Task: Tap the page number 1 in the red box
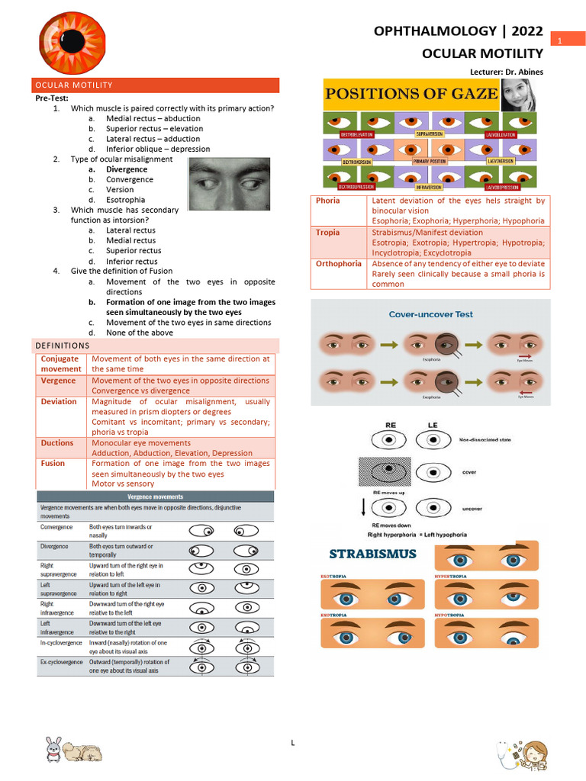[559, 40]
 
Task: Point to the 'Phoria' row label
[328, 201]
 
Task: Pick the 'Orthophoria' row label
[339, 263]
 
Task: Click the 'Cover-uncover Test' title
[431, 313]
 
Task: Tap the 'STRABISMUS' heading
[372, 553]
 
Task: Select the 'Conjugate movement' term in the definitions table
[60, 364]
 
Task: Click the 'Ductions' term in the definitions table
[57, 442]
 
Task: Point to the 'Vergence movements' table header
[155, 496]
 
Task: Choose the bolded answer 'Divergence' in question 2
[127, 169]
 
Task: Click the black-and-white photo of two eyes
[229, 184]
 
